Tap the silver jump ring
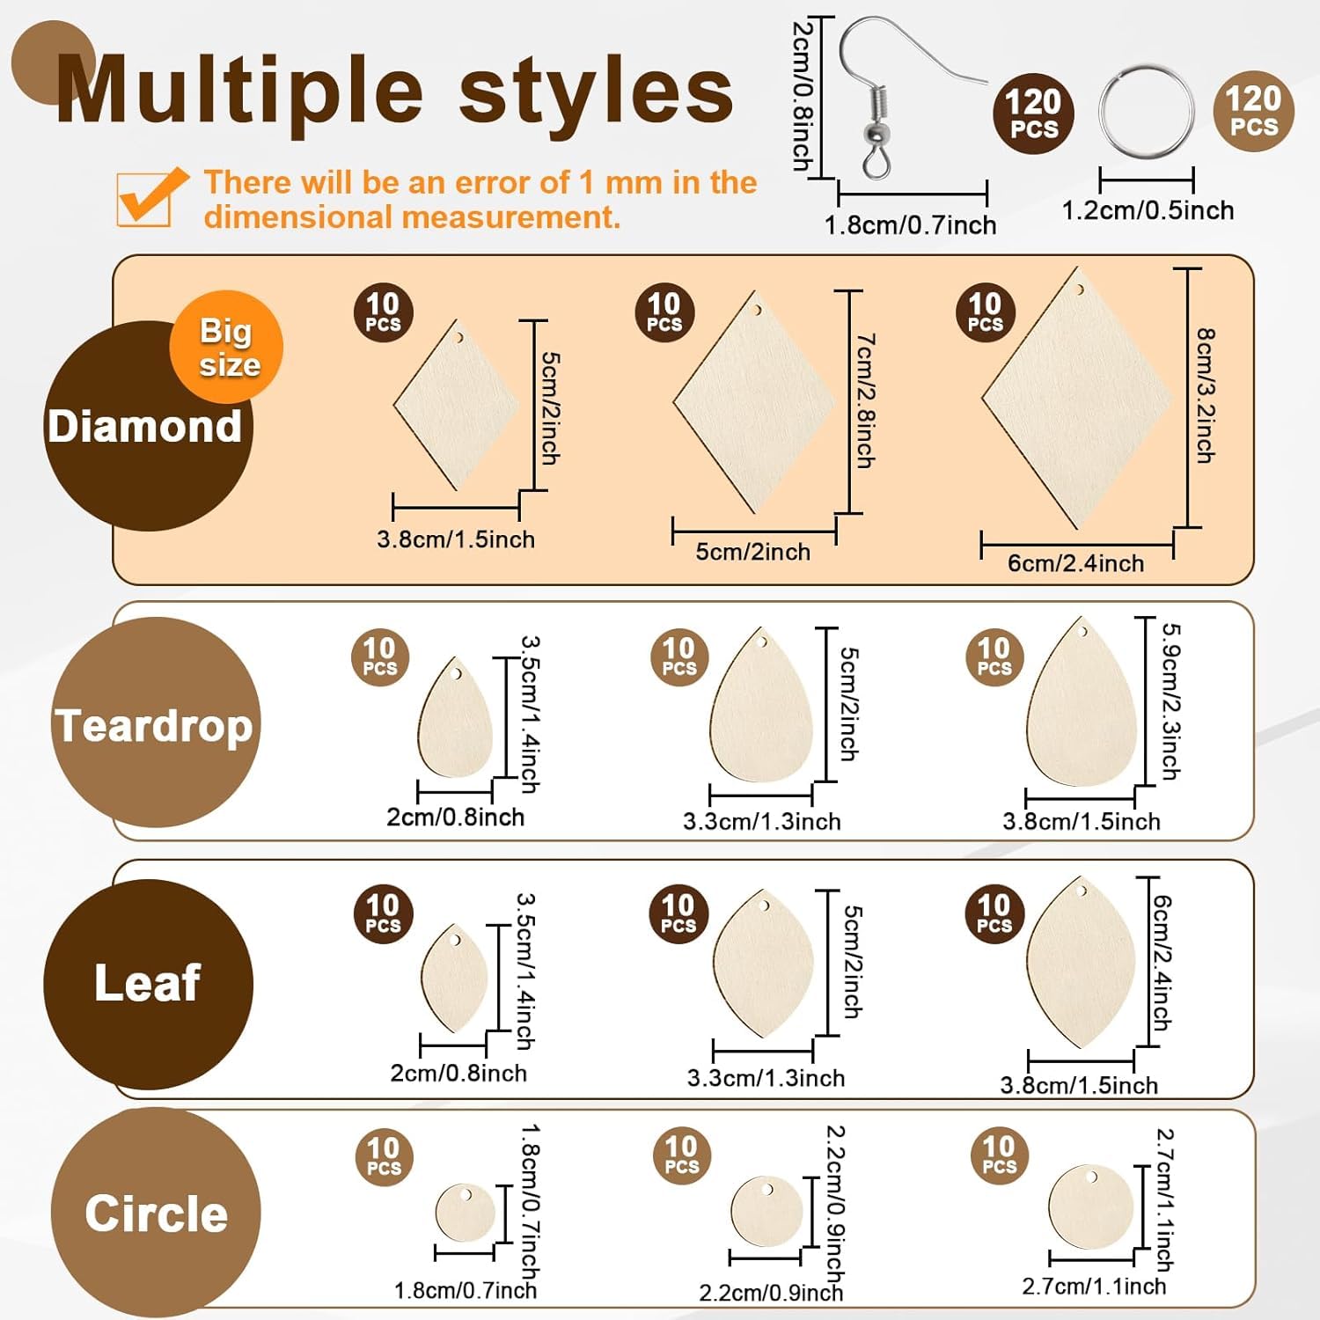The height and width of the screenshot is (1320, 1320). point(1147,111)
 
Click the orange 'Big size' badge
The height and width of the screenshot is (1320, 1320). point(227,347)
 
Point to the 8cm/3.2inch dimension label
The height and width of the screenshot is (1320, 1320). point(1206,395)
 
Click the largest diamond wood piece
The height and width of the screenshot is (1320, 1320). point(1075,400)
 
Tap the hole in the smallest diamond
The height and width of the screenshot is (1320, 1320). point(458,337)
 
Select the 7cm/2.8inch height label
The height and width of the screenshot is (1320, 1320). point(866,400)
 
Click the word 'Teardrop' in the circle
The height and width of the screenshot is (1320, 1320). point(154,726)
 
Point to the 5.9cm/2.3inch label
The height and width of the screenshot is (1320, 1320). point(1171,701)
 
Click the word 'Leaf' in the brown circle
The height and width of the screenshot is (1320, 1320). point(148,983)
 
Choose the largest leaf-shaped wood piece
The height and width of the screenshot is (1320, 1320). point(1081,964)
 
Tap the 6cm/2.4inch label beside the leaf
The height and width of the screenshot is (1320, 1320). point(1163,963)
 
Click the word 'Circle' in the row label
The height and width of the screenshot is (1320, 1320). point(156,1214)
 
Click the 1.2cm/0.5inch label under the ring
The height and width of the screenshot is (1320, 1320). point(1148,210)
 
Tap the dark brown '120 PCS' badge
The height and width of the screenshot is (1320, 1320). point(1034,114)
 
